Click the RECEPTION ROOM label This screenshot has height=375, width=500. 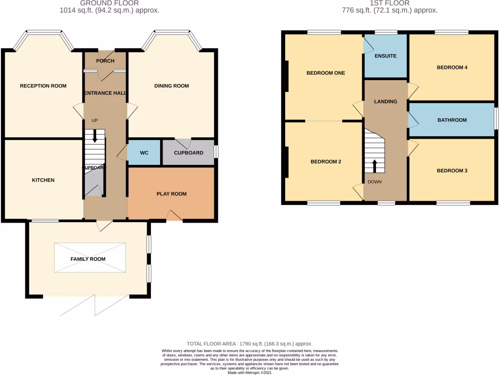pyautogui.click(x=43, y=86)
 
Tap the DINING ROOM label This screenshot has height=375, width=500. pyautogui.click(x=171, y=86)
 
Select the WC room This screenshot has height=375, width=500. pyautogui.click(x=144, y=153)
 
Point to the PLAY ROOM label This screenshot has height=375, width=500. pyautogui.click(x=171, y=194)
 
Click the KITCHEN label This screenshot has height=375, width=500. pyautogui.click(x=43, y=180)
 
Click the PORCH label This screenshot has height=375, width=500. pyautogui.click(x=105, y=61)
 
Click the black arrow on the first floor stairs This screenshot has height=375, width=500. pyautogui.click(x=375, y=166)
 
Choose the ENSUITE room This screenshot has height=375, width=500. pyautogui.click(x=385, y=56)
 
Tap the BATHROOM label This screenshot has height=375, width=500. pyautogui.click(x=452, y=120)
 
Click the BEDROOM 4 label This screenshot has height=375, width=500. pyautogui.click(x=452, y=68)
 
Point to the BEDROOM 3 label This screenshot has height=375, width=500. pyautogui.click(x=452, y=171)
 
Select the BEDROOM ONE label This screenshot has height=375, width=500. pyautogui.click(x=326, y=73)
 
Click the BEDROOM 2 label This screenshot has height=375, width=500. pyautogui.click(x=326, y=162)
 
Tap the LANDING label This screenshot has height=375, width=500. pyautogui.click(x=385, y=102)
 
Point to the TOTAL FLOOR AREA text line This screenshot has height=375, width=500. pyautogui.click(x=250, y=344)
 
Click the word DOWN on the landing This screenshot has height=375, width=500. pyautogui.click(x=375, y=182)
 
